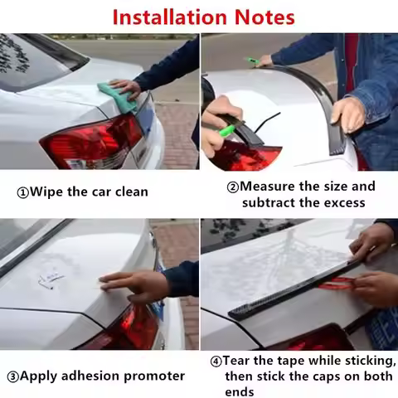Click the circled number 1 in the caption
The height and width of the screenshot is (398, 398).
click(x=22, y=192)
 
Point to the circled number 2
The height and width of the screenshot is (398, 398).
click(x=233, y=187)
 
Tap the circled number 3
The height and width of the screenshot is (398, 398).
click(x=12, y=376)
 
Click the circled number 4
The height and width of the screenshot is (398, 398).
click(x=216, y=362)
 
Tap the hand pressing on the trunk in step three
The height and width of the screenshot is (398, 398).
click(x=133, y=285)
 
